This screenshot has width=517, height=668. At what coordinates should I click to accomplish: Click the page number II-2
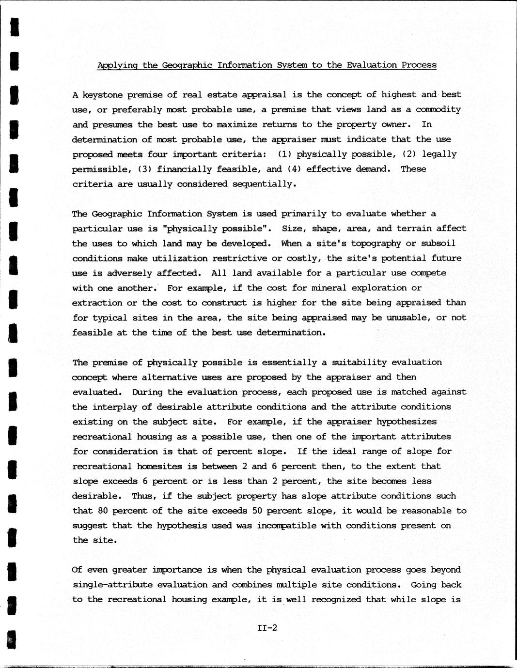click(267, 628)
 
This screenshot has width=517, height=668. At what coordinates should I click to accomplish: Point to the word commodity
click(438, 109)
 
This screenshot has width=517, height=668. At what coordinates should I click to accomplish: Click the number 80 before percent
click(103, 511)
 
